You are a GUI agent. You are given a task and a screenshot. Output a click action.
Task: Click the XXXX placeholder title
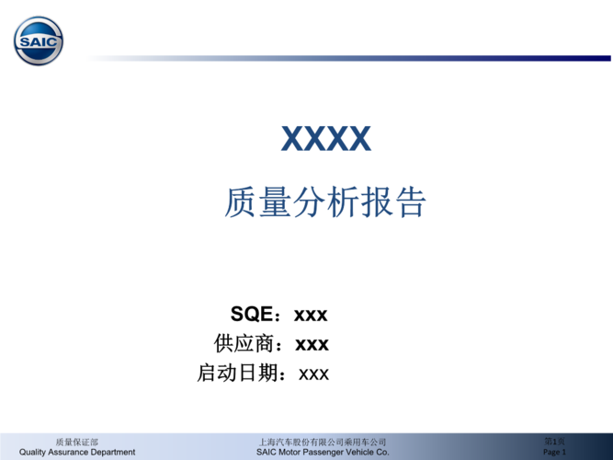325,139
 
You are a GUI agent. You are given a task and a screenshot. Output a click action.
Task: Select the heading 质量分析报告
325,202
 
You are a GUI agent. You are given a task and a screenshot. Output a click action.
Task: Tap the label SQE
251,315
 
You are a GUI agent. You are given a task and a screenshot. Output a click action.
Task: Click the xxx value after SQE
311,315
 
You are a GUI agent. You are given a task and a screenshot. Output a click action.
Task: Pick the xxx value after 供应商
312,344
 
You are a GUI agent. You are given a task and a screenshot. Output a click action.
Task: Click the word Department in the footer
115,452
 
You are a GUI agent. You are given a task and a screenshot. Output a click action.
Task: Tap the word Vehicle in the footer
365,452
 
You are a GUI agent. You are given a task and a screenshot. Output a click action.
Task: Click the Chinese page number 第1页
554,443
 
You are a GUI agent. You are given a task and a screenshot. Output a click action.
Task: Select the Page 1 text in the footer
555,453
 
